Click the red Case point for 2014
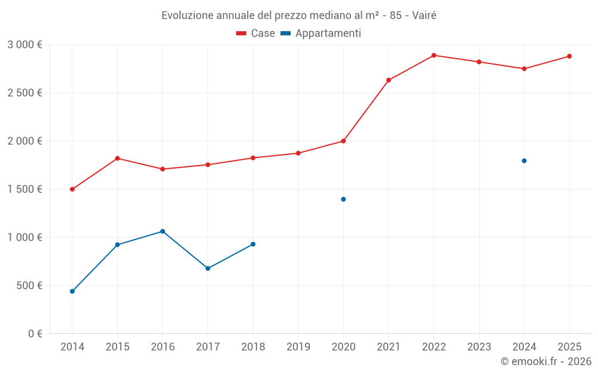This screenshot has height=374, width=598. click(x=72, y=189)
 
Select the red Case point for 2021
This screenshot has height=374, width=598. click(x=389, y=80)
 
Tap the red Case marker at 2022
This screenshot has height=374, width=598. click(x=434, y=55)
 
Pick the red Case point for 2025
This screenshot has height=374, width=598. click(x=569, y=56)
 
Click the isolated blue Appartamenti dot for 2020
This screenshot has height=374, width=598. click(x=343, y=199)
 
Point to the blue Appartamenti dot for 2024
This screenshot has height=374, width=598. click(x=524, y=160)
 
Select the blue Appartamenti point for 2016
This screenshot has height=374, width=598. click(x=163, y=232)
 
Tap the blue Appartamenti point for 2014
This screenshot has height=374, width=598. click(x=72, y=291)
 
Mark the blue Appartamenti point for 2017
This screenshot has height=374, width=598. click(x=208, y=268)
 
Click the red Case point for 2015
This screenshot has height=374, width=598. click(x=117, y=158)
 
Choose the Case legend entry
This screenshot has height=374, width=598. click(x=256, y=34)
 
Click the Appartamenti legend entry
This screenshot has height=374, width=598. click(x=321, y=34)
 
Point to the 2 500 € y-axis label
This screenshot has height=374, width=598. click(x=25, y=93)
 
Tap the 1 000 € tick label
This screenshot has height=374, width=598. click(x=25, y=237)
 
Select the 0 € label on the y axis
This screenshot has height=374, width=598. click(x=35, y=333)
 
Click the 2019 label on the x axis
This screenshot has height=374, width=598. click(x=298, y=346)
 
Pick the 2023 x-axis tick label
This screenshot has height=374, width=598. click(x=479, y=346)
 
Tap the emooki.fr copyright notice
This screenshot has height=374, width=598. click(x=545, y=361)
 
